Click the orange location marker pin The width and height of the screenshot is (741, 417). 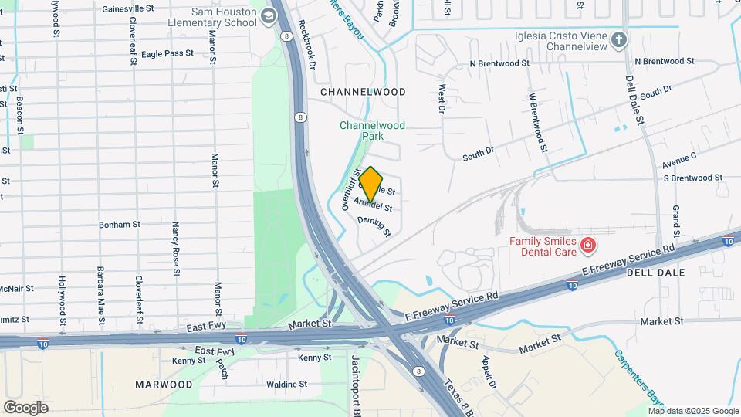[371, 185]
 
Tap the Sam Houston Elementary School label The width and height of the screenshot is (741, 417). [212, 17]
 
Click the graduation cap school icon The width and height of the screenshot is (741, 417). [269, 15]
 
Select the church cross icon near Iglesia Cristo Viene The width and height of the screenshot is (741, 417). [618, 39]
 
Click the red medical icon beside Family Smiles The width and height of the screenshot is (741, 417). [589, 246]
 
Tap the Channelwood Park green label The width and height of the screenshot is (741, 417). [372, 130]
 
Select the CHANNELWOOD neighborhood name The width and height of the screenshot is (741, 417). [363, 92]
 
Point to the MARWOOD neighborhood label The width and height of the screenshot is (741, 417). [164, 384]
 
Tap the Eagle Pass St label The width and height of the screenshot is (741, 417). [167, 53]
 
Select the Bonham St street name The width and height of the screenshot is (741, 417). [119, 225]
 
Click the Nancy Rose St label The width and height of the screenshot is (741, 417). [176, 249]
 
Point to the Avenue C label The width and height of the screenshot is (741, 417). [679, 160]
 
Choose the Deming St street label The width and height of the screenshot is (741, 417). [375, 226]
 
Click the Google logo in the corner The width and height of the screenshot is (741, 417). [25, 408]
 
